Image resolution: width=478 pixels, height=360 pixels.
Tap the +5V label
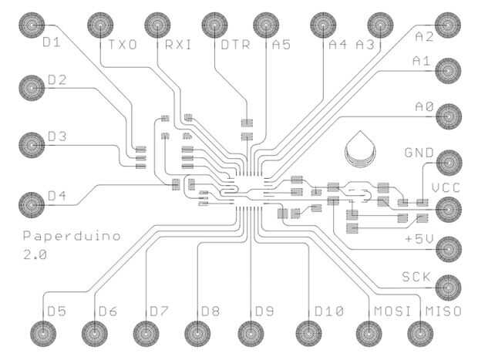pyautogui.click(x=419, y=239)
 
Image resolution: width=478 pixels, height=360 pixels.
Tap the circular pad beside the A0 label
pyautogui.click(x=448, y=116)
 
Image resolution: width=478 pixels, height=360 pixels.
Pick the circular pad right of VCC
pyautogui.click(x=448, y=207)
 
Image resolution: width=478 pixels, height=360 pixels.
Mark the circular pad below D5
pyautogui.click(x=42, y=333)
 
